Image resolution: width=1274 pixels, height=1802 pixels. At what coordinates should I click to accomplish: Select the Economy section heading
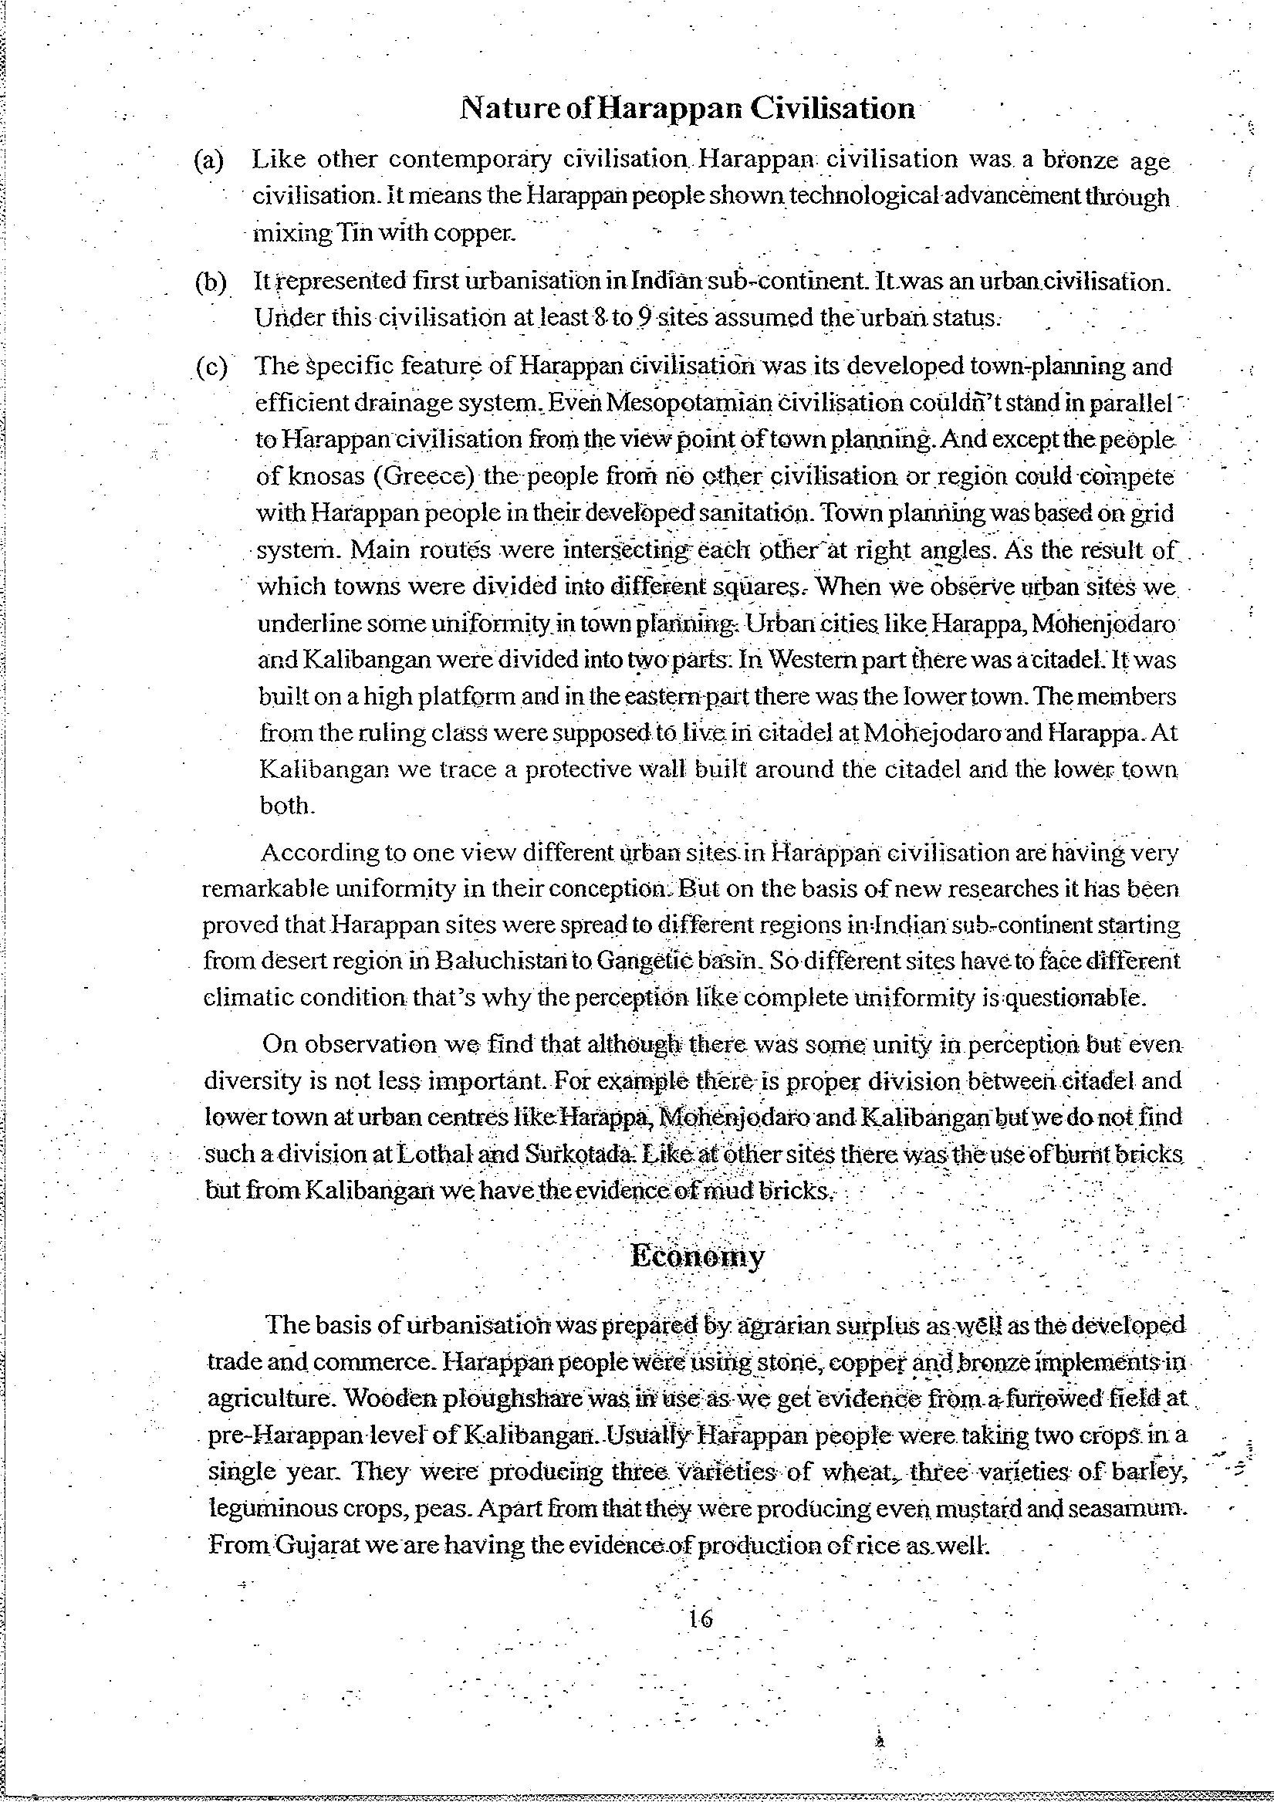(697, 1256)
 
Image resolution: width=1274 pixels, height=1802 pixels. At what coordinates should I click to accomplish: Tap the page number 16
(700, 1618)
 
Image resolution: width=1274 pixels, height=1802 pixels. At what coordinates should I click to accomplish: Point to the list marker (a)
(209, 161)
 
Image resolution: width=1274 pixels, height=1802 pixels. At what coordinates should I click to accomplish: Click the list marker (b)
(211, 282)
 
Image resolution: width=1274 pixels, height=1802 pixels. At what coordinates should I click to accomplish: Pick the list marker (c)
(211, 367)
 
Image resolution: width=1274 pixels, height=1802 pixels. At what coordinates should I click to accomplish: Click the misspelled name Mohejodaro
(926, 733)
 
